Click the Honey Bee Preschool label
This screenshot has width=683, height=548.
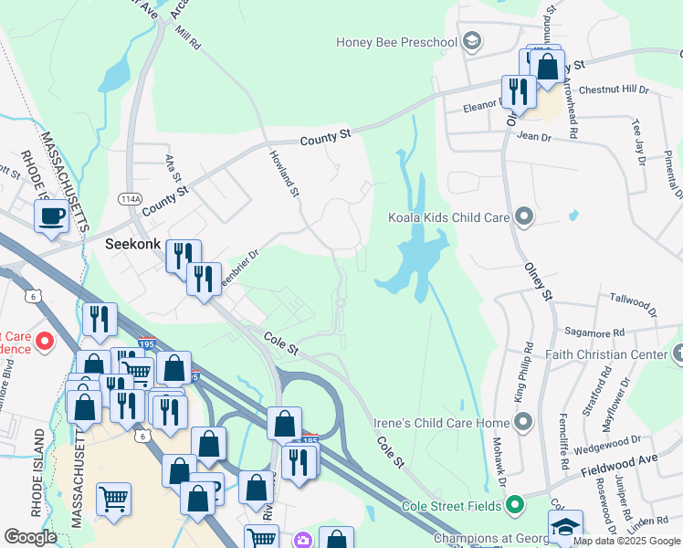click(x=395, y=41)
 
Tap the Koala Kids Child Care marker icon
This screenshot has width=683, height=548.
click(x=523, y=217)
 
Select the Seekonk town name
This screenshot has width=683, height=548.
click(x=133, y=245)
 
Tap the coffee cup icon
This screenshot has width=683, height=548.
click(x=50, y=216)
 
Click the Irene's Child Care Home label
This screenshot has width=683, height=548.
click(x=441, y=423)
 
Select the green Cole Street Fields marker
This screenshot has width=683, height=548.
click(x=516, y=504)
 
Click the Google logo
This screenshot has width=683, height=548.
click(x=30, y=537)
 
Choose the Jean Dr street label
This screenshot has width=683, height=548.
click(x=534, y=137)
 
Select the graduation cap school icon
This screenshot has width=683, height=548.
click(x=564, y=526)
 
